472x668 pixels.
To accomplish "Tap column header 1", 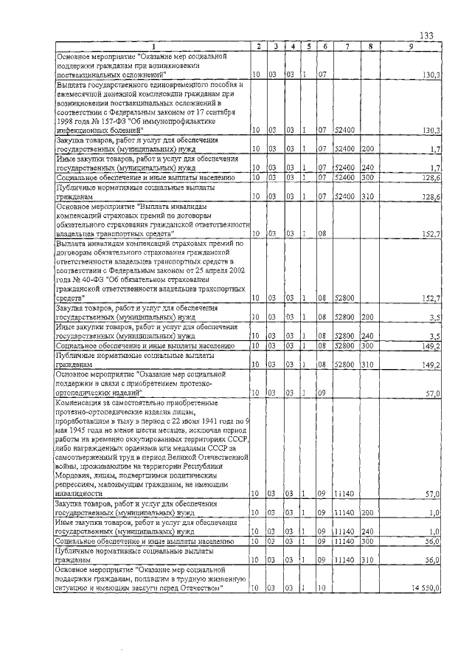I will click(153, 47).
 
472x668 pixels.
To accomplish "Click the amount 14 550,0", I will click(426, 588).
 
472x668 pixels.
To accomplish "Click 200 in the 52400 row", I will click(368, 148).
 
